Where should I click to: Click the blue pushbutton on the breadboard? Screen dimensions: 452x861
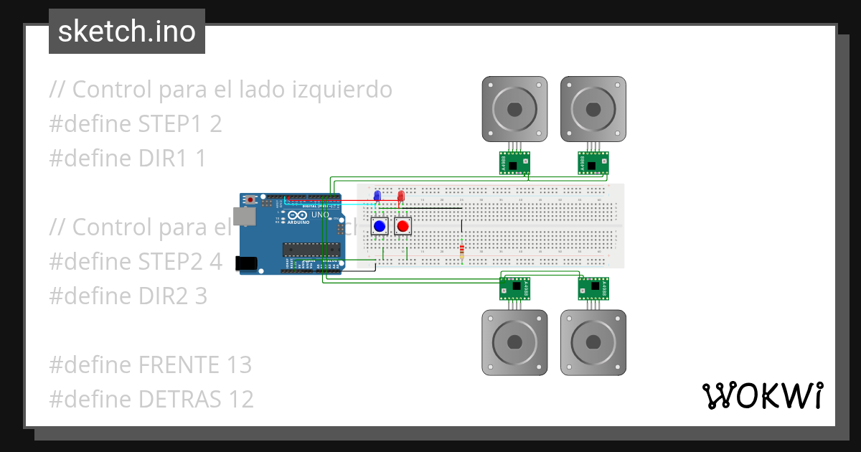[x=380, y=227]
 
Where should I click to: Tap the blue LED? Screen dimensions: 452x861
[x=377, y=196]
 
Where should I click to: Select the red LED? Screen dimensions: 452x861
[x=400, y=196]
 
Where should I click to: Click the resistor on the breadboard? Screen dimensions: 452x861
[x=461, y=251]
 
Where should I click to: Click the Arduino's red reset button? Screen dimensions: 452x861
[x=250, y=199]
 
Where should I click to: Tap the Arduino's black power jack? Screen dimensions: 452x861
[x=247, y=263]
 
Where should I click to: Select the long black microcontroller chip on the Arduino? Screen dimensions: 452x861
[x=310, y=249]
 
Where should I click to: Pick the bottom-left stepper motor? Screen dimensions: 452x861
[x=514, y=342]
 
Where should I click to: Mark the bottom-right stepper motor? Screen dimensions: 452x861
[x=593, y=342]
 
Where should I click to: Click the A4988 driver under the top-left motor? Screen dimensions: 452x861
[x=514, y=163]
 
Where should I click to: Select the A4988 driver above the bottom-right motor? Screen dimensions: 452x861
[x=594, y=288]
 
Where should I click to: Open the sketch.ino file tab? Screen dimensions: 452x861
[x=127, y=32]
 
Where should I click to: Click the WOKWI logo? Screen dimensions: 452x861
[x=762, y=395]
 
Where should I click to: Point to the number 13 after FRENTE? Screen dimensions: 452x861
[x=237, y=365]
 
